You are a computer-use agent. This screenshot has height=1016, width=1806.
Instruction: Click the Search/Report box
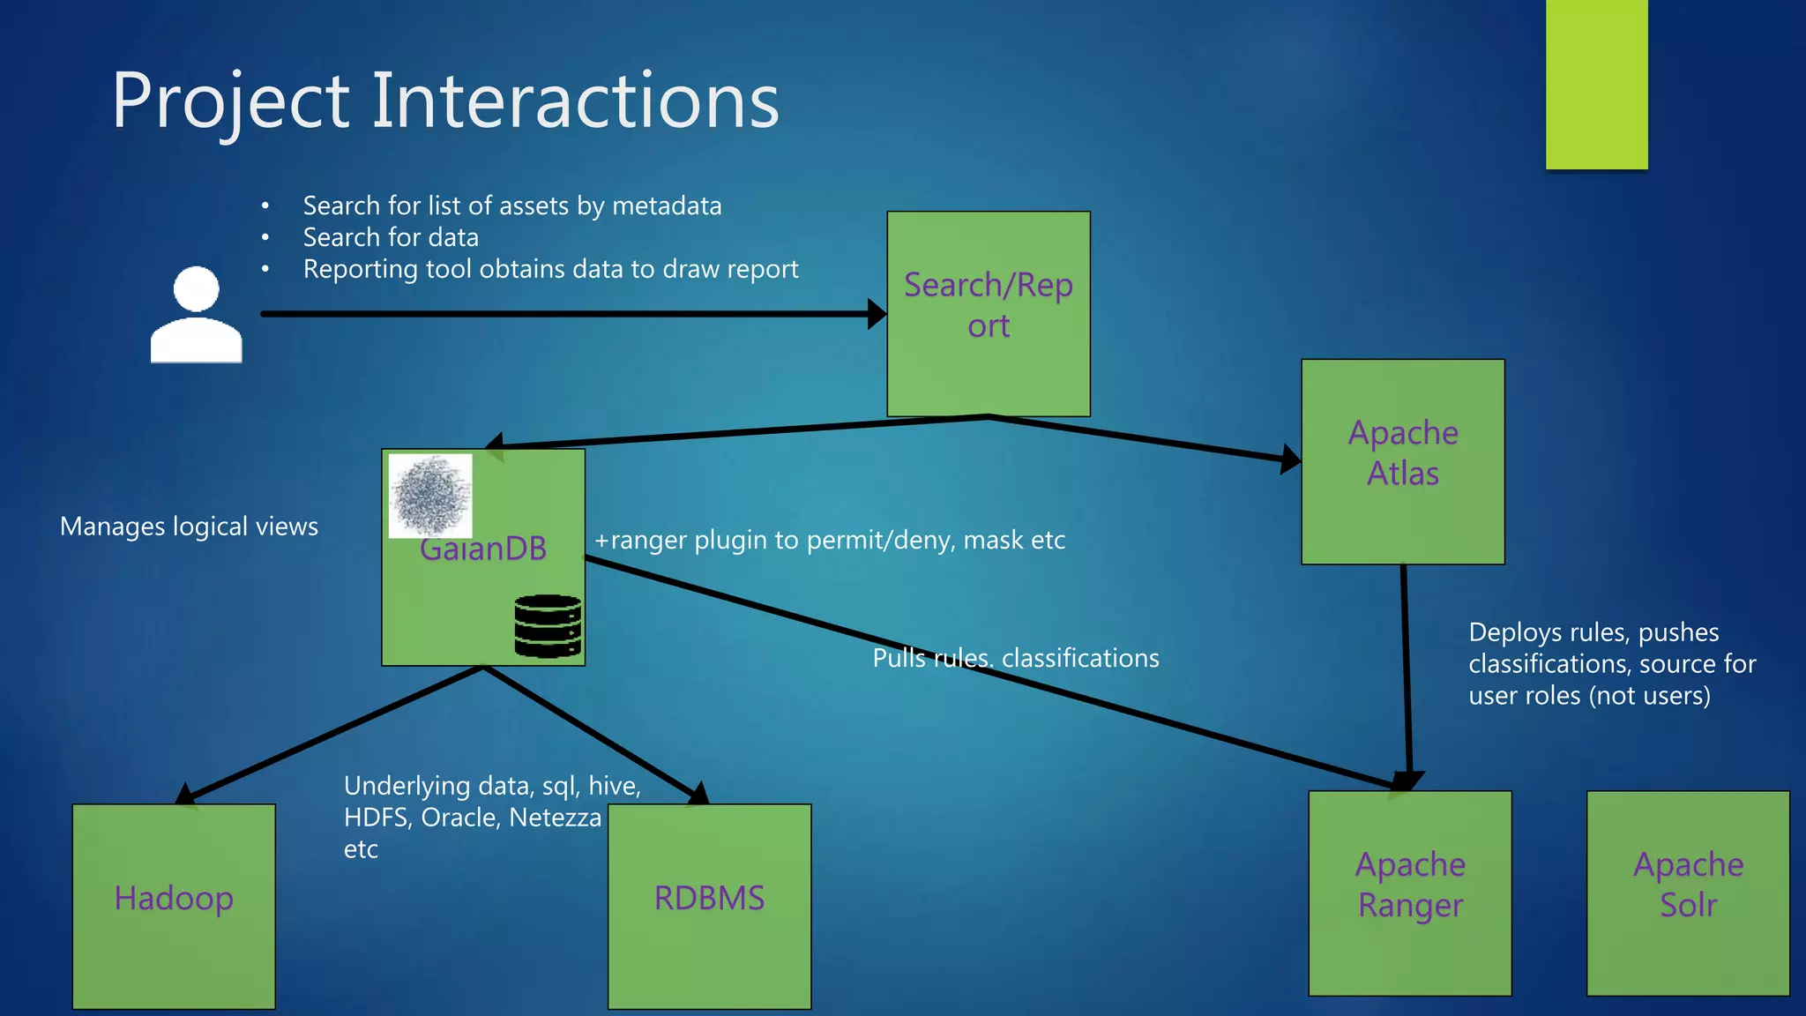pyautogui.click(x=988, y=313)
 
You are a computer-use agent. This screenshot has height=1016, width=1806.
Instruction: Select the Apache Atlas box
pyautogui.click(x=1402, y=461)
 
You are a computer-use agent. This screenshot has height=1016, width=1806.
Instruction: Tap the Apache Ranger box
pyautogui.click(x=1409, y=893)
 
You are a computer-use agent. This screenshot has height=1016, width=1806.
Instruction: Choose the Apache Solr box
pyautogui.click(x=1688, y=893)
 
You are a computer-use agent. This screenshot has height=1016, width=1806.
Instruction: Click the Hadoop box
pyautogui.click(x=174, y=906)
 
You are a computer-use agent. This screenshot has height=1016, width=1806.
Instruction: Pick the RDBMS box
pyautogui.click(x=709, y=906)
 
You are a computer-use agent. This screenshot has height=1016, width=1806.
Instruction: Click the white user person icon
pyautogui.click(x=196, y=316)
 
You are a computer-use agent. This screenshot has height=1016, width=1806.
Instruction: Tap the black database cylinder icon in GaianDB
pyautogui.click(x=548, y=625)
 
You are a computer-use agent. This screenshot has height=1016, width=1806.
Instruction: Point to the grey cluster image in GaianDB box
pyautogui.click(x=430, y=495)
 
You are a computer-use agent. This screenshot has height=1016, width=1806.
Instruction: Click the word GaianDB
pyautogui.click(x=483, y=549)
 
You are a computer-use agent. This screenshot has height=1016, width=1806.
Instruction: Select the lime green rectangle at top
pyautogui.click(x=1596, y=84)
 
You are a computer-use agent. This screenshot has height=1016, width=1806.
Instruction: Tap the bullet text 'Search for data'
pyautogui.click(x=391, y=237)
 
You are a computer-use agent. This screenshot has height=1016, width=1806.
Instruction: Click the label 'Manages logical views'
pyautogui.click(x=189, y=527)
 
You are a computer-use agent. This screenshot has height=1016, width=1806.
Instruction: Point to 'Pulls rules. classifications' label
pyautogui.click(x=1016, y=658)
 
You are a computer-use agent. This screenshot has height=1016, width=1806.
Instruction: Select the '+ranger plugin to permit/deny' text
pyautogui.click(x=829, y=540)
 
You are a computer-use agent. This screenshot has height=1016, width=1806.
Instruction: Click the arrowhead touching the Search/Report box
pyautogui.click(x=877, y=313)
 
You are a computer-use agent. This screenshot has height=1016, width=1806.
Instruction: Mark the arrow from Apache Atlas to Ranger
pyautogui.click(x=1406, y=670)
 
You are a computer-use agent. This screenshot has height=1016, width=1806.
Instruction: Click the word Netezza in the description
pyautogui.click(x=555, y=818)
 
